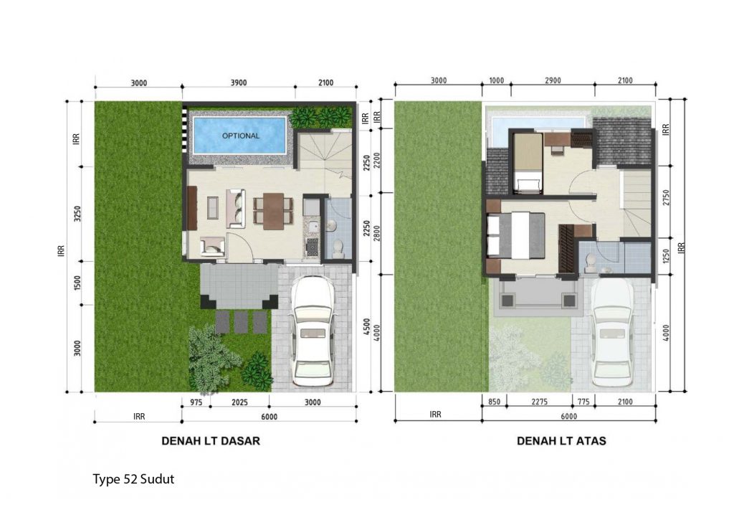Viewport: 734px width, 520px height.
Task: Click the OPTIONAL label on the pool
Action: (x=241, y=136)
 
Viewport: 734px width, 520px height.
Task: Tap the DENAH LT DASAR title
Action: (x=211, y=441)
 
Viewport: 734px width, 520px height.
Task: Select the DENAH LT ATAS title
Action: (x=561, y=441)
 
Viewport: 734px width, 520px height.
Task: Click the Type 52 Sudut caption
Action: (x=133, y=479)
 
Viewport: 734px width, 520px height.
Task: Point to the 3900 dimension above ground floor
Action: (x=238, y=83)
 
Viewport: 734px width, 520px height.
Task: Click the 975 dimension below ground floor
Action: (x=196, y=402)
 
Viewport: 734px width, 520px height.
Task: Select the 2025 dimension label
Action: (x=239, y=402)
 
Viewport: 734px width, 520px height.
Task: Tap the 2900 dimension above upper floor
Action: (x=553, y=80)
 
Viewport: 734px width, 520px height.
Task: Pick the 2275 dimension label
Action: (x=540, y=402)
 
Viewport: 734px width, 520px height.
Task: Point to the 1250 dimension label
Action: (x=667, y=256)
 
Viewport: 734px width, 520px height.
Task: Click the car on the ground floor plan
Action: (x=313, y=331)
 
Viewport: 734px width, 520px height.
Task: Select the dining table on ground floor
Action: (x=273, y=212)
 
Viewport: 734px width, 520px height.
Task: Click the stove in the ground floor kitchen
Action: (x=312, y=246)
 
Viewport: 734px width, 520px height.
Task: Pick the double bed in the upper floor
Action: (x=516, y=236)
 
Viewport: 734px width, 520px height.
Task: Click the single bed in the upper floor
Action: (x=528, y=164)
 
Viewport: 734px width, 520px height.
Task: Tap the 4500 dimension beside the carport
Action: (x=367, y=326)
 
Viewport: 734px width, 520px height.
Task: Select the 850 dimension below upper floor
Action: (x=495, y=402)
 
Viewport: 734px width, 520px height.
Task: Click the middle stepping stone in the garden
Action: (x=241, y=322)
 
